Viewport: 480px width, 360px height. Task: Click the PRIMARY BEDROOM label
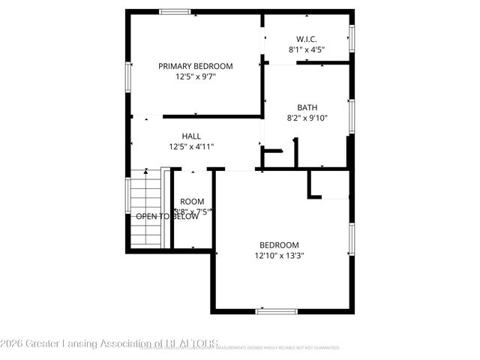[195, 66]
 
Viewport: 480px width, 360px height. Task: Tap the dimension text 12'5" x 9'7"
[195, 76]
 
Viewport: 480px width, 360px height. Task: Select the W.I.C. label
[306, 39]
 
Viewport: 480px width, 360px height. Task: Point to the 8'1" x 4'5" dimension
[306, 49]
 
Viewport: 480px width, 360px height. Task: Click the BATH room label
[307, 107]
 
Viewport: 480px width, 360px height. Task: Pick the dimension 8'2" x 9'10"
[307, 118]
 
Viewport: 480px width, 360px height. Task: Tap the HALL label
[192, 136]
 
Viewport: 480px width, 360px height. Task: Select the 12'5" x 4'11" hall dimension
[192, 147]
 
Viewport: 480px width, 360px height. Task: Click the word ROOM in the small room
[192, 201]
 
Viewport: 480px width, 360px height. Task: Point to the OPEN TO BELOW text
[167, 216]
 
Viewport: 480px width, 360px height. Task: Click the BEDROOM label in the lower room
[279, 244]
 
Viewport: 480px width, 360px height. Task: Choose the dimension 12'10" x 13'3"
[279, 255]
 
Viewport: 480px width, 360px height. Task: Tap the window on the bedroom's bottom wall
[277, 310]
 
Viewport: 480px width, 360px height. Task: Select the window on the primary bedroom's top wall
[175, 11]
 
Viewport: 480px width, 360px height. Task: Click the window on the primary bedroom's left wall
[127, 75]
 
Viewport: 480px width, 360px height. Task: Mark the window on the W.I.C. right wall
[350, 37]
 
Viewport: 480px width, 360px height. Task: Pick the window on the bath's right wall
[350, 117]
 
